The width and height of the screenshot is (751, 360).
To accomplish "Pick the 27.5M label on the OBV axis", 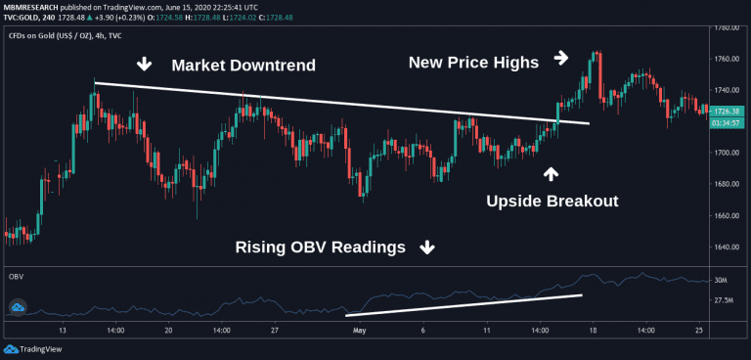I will (x=726, y=302).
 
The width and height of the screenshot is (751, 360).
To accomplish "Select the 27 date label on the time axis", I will (x=276, y=331).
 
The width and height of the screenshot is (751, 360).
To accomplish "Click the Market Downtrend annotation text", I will (x=243, y=66).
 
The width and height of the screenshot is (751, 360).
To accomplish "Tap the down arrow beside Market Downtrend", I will (x=144, y=65).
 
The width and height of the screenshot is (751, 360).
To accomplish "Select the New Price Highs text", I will (x=473, y=63).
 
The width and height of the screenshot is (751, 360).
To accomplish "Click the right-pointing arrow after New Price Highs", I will (x=561, y=58).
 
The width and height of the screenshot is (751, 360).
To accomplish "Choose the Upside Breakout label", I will (x=552, y=202).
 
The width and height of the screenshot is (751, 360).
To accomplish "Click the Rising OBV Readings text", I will (x=320, y=247).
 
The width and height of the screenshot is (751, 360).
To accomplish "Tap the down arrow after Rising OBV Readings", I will (x=426, y=247).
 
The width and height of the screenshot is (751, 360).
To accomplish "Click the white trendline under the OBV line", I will (x=464, y=304).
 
